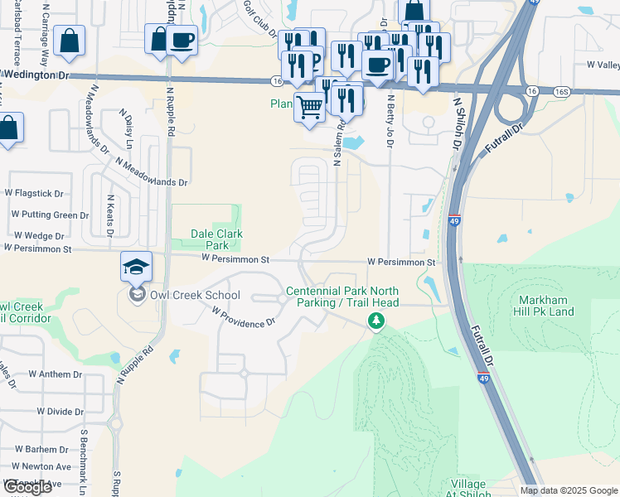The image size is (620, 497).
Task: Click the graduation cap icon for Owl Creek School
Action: (x=136, y=267)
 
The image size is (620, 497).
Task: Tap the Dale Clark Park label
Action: (x=216, y=240)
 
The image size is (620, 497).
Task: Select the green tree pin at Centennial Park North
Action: (x=376, y=321)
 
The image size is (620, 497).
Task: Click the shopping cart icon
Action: (x=309, y=107)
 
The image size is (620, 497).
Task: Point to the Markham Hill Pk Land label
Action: (x=545, y=305)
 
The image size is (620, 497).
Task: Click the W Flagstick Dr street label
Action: (x=34, y=194)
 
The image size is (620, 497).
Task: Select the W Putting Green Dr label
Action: (x=50, y=215)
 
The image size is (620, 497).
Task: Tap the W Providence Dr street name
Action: (x=243, y=317)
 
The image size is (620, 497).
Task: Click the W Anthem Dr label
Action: (x=55, y=374)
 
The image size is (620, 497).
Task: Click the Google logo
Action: (x=27, y=487)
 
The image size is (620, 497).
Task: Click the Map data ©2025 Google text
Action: (x=569, y=490)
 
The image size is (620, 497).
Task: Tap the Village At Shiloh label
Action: (x=471, y=489)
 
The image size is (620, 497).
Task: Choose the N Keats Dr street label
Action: (x=110, y=215)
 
